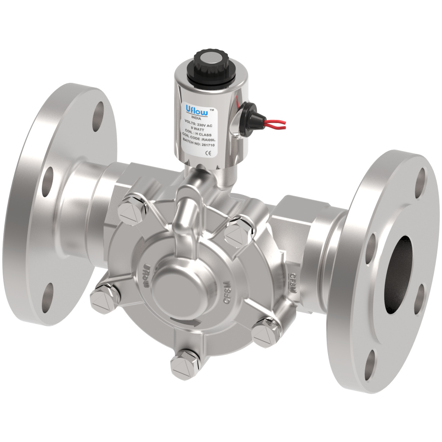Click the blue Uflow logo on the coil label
[196, 109]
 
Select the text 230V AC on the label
[204, 123]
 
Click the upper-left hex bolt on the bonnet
[131, 208]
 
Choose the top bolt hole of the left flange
[99, 116]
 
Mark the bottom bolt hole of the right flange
[370, 365]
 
